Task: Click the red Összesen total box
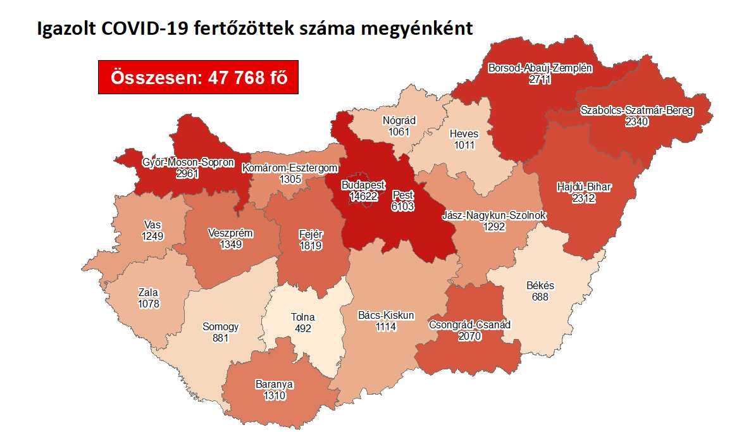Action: tap(198, 78)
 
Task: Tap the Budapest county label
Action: tap(363, 185)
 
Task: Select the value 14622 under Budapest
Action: tap(363, 196)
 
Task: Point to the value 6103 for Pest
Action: tap(402, 206)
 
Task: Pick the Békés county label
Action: tap(540, 286)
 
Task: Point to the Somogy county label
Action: tap(220, 327)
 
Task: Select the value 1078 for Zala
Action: tap(149, 304)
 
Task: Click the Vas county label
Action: tap(152, 225)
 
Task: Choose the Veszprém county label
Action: tap(230, 233)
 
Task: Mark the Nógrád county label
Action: tap(399, 121)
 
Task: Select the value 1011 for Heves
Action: tap(464, 145)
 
